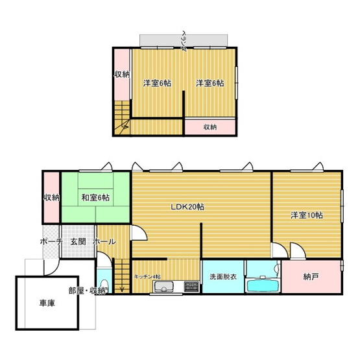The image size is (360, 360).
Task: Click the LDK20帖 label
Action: point(187,207)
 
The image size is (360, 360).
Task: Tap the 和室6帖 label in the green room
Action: point(95,197)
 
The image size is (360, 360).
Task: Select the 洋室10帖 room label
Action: point(306,215)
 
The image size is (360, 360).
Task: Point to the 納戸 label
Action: point(311,277)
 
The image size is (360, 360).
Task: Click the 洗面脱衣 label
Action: point(222,277)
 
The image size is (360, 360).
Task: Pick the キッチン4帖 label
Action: point(148,276)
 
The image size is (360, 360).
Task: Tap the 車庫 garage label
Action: point(47,303)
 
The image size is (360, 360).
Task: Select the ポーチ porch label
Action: point(51,242)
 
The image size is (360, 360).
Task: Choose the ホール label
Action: point(104,242)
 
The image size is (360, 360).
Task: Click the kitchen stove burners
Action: point(191,286)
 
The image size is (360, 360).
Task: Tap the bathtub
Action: point(261,285)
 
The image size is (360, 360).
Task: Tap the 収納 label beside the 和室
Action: point(51,197)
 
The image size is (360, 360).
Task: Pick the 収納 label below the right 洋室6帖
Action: point(210,126)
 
